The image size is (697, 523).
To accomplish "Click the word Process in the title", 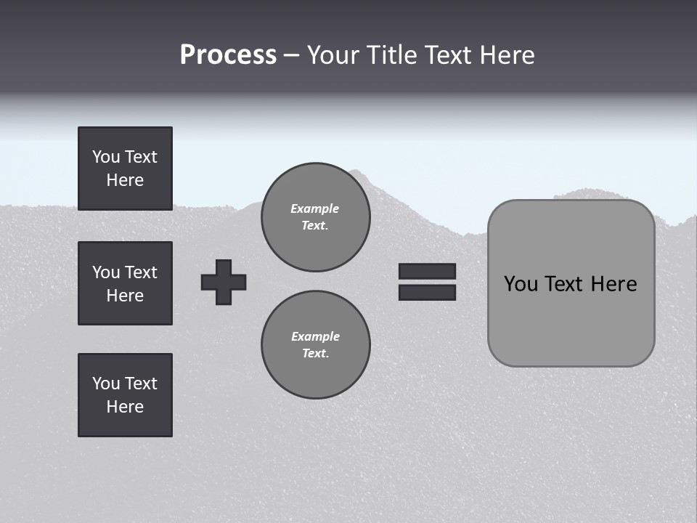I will (x=228, y=55).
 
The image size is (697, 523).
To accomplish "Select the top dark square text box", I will (x=125, y=169).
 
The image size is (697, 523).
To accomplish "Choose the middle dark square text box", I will (x=125, y=283).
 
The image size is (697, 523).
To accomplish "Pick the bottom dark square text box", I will (x=125, y=395).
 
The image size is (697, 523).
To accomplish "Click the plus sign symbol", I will (x=224, y=282).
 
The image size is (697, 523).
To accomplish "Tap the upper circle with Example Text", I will (x=316, y=216).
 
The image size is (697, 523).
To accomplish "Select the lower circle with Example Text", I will (x=316, y=344).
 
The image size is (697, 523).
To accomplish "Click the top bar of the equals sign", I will (x=427, y=272).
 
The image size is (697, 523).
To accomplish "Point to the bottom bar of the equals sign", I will (x=427, y=292).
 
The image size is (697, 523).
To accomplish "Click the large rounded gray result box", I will (x=571, y=320).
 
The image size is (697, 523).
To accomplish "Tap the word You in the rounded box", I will (x=521, y=284).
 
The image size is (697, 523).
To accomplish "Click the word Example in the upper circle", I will (x=315, y=208).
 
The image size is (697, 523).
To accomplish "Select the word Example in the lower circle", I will (x=315, y=336).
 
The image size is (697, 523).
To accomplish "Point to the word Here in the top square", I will (x=125, y=180).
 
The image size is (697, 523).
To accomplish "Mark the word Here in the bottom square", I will (x=125, y=407).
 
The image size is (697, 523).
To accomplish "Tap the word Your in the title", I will (x=333, y=55).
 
